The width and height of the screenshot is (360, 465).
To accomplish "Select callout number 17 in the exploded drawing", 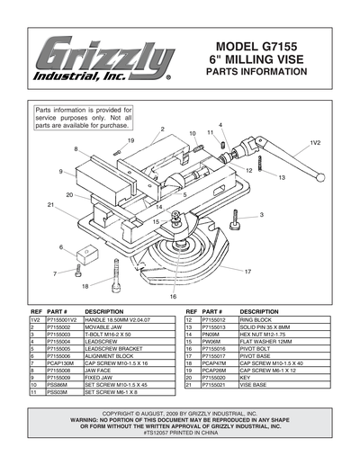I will (x=247, y=270).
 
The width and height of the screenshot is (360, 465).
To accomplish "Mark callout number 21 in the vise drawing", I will (x=51, y=206).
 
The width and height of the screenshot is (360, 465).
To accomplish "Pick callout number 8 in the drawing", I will (x=76, y=149).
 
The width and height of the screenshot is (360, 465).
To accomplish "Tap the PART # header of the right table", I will (x=209, y=312).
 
